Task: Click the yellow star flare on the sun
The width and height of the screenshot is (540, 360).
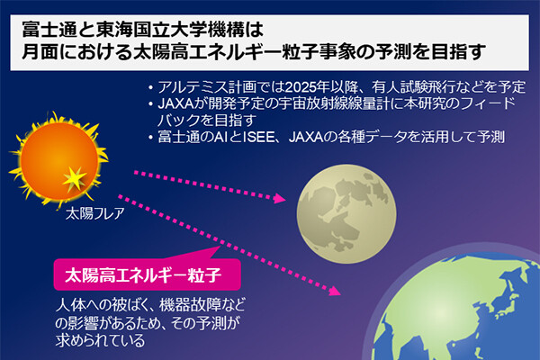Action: pyautogui.click(x=75, y=179)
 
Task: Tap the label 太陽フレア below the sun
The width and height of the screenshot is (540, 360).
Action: pyautogui.click(x=94, y=213)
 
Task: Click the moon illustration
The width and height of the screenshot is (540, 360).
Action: pyautogui.click(x=346, y=214)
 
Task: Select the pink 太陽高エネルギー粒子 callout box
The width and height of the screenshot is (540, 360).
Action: pyautogui.click(x=147, y=274)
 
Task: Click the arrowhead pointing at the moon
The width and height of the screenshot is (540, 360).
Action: pyautogui.click(x=280, y=198)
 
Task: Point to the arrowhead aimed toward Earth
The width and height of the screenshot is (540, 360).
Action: pyautogui.click(x=335, y=291)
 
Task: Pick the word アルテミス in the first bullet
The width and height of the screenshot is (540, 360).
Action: pyautogui.click(x=188, y=87)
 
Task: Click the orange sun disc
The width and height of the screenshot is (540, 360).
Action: pyautogui.click(x=59, y=161)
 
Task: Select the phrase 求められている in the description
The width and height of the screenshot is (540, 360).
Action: pyautogui.click(x=100, y=341)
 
